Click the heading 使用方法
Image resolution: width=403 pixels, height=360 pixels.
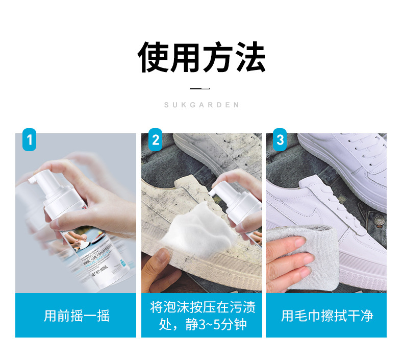pyautogui.click(x=202, y=57)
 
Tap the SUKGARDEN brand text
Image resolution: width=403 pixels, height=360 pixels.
pyautogui.click(x=202, y=105)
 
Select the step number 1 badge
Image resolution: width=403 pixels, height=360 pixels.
pyautogui.click(x=30, y=139)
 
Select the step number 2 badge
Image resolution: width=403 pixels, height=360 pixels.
pyautogui.click(x=156, y=139)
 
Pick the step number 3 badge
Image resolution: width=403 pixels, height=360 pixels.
pyautogui.click(x=280, y=139)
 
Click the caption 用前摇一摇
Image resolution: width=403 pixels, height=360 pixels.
pyautogui.click(x=77, y=316)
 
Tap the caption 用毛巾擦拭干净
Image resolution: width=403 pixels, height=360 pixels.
pyautogui.click(x=326, y=316)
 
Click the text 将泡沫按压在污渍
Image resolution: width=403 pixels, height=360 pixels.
pyautogui.click(x=203, y=307)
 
